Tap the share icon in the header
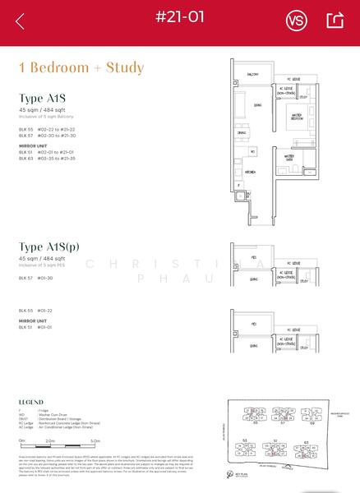click(335, 21)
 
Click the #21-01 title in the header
click(180, 16)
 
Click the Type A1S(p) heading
click(58, 247)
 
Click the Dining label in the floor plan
click(242, 133)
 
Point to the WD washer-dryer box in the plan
click(252, 151)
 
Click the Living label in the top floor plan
click(258, 105)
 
